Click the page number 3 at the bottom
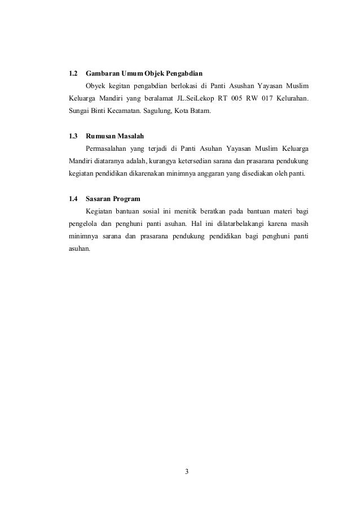187,470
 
